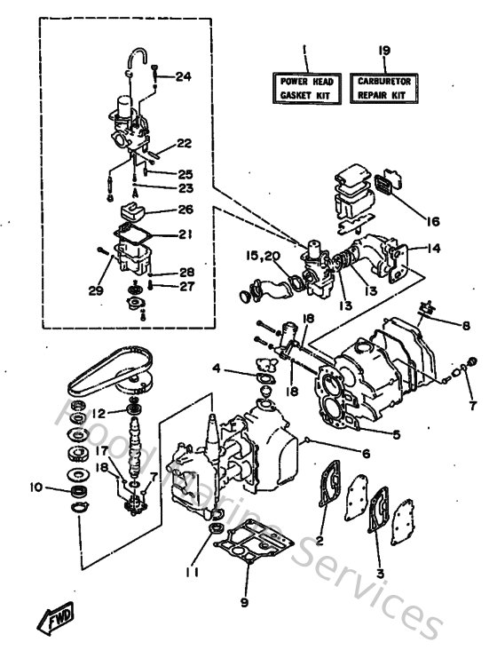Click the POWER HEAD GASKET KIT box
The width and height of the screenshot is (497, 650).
click(x=304, y=86)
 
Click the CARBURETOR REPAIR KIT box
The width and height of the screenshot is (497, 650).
click(x=383, y=86)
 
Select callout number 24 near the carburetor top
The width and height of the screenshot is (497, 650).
click(x=183, y=77)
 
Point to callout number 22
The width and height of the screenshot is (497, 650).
click(x=184, y=143)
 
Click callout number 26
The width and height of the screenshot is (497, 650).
click(x=185, y=211)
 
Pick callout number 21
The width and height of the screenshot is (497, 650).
click(x=185, y=234)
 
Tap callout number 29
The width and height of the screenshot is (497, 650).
click(x=96, y=289)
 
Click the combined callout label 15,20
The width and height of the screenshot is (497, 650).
click(x=258, y=256)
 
